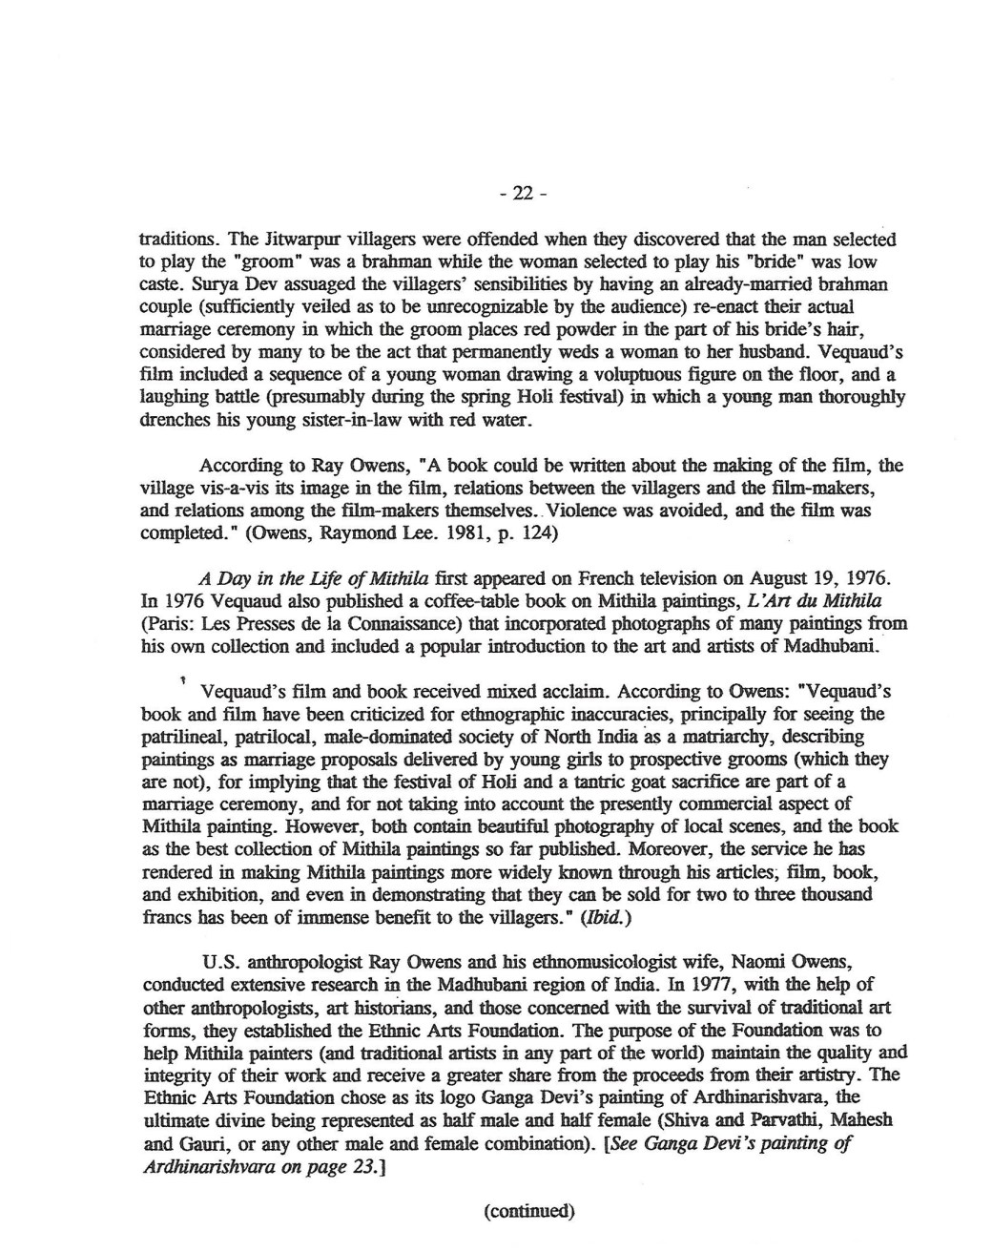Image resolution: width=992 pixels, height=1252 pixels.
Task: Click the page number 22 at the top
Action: (x=523, y=195)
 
